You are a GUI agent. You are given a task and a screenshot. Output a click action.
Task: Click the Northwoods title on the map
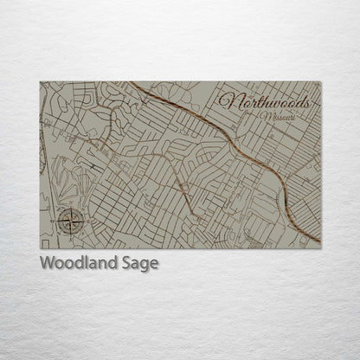point(263,101)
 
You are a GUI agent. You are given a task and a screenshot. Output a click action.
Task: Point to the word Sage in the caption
point(140,263)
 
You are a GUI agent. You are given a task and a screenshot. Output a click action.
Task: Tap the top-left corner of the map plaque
point(40,82)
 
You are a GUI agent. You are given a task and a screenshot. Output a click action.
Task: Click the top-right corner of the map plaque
point(320,82)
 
